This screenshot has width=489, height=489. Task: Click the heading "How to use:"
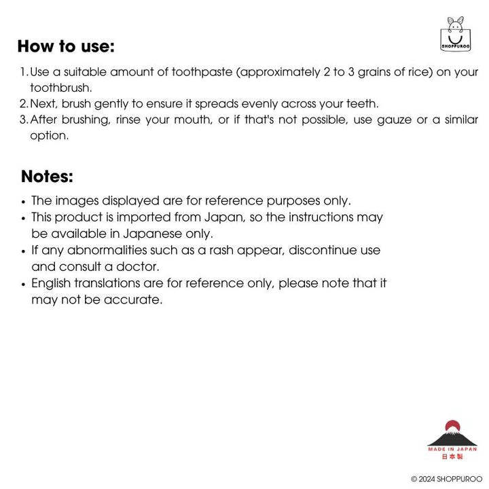coord(66,47)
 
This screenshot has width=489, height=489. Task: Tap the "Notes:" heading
coord(47,177)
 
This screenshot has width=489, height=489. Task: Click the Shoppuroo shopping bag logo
coord(455,34)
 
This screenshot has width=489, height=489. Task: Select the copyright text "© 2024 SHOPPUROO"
coord(446,479)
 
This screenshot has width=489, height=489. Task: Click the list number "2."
coord(24,104)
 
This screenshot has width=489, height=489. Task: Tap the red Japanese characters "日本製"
coord(452,457)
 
